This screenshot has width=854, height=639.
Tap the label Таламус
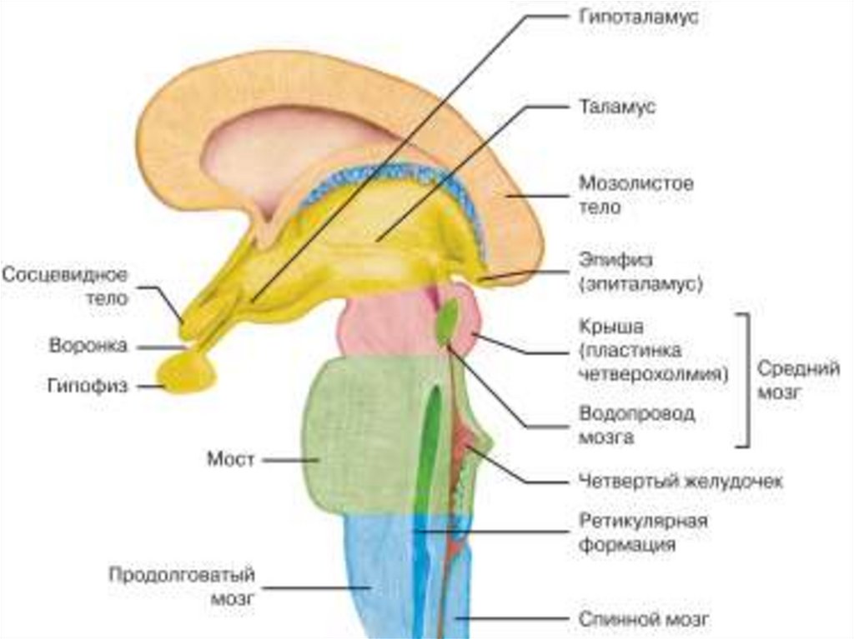click(616, 107)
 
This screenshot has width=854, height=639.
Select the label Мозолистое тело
click(635, 194)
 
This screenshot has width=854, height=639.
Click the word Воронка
click(88, 345)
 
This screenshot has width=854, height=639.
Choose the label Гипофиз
click(88, 387)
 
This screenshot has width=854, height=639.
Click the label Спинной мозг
click(644, 620)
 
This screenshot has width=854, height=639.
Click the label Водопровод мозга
click(636, 425)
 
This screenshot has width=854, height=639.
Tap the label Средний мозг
click(798, 380)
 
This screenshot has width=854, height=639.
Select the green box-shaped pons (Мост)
click(359, 433)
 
